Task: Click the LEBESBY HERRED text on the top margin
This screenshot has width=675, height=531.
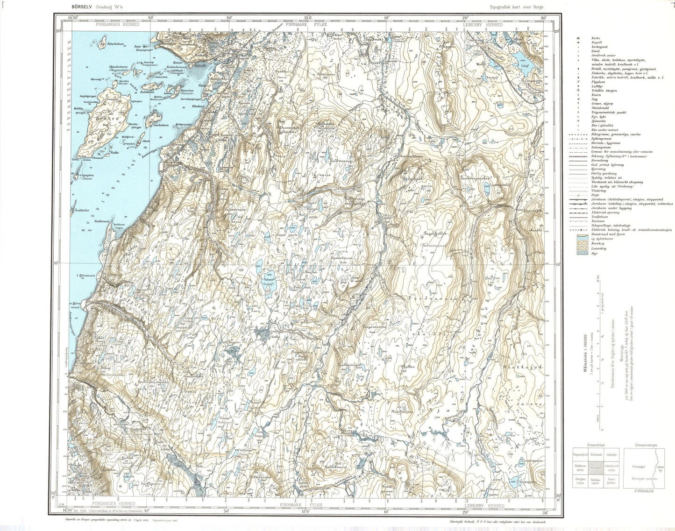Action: tap(483, 24)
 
